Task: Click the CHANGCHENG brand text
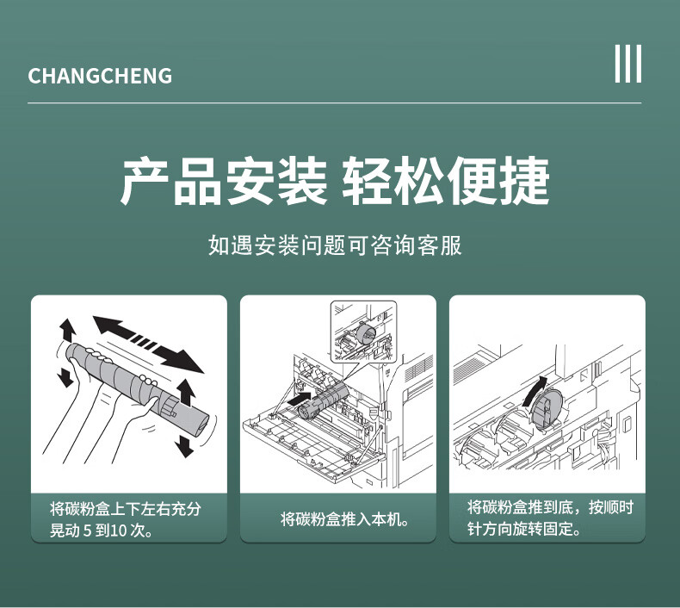coord(100,76)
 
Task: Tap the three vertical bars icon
coord(628,64)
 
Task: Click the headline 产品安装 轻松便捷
coord(335,181)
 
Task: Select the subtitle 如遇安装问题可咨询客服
coord(335,245)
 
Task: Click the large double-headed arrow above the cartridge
coord(148,344)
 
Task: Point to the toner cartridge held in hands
coord(138,385)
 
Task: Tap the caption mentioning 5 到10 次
coord(126,519)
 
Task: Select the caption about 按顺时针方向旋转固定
coord(550,518)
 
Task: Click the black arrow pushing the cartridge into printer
coord(300,399)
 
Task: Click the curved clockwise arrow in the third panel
coord(535,391)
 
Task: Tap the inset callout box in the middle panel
coord(363,332)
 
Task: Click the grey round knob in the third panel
coord(547,408)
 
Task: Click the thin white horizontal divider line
coord(334,103)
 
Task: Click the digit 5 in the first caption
coord(87,530)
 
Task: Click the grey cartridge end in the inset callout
coord(367,334)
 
